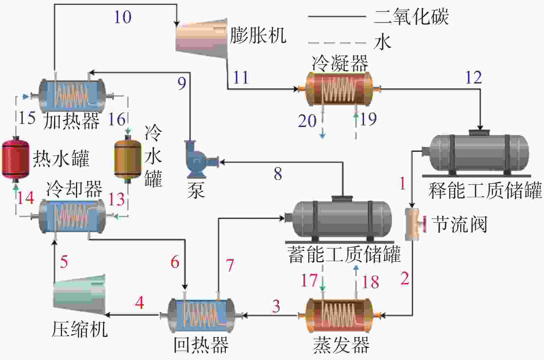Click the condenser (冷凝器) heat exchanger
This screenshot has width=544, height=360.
point(339,89)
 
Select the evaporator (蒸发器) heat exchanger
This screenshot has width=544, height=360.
point(339,315)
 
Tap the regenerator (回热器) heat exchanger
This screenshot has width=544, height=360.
point(202,315)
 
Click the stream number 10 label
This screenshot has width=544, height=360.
point(123,17)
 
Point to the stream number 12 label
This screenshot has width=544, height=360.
point(473,78)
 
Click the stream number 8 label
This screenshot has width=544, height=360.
point(278,174)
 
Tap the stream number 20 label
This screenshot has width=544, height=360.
point(307,121)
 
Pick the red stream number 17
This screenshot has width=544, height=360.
point(309,280)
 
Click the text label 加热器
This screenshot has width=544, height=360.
point(71,121)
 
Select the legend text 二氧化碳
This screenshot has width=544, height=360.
point(411,17)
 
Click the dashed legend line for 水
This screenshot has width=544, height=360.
point(337,43)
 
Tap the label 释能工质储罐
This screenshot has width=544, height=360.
point(485,190)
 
